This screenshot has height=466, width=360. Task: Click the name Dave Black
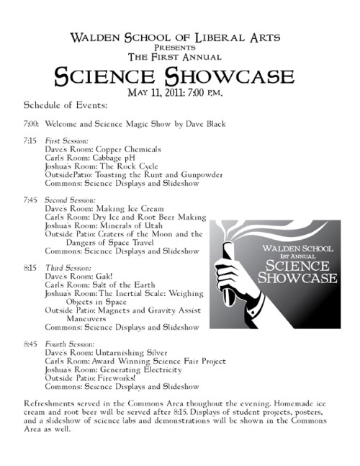pos(204,124)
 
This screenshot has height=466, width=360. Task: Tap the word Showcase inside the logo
pos(296,277)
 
